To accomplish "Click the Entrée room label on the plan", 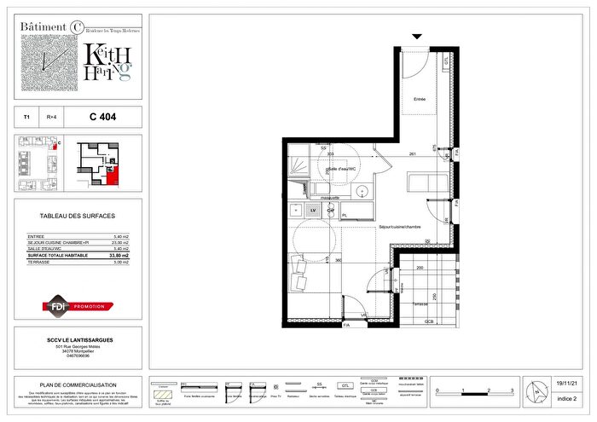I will pyautogui.click(x=419, y=98).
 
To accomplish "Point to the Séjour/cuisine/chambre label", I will pyautogui.click(x=401, y=226).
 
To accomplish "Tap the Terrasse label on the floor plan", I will pyautogui.click(x=417, y=303).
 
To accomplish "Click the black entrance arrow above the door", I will pyautogui.click(x=416, y=37).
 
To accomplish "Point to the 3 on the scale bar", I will pyautogui.click(x=510, y=389).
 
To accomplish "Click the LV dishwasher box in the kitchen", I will pyautogui.click(x=313, y=209).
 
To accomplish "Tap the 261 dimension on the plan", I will pyautogui.click(x=412, y=153).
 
